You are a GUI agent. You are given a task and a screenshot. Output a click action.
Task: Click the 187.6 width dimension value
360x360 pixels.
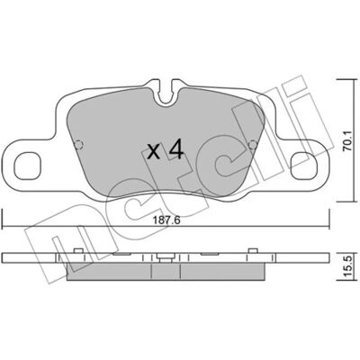click(166, 220)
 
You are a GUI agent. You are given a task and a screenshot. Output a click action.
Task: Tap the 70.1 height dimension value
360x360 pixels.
click(347, 140)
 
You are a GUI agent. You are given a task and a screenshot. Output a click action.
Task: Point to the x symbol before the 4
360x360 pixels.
click(154, 152)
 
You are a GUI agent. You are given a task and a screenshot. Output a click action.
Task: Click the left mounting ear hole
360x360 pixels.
click(27, 166)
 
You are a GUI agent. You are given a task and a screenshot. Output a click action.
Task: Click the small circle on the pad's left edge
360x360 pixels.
click(78, 145)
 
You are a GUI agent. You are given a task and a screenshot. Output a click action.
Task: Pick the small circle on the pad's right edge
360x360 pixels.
click(253, 145)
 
